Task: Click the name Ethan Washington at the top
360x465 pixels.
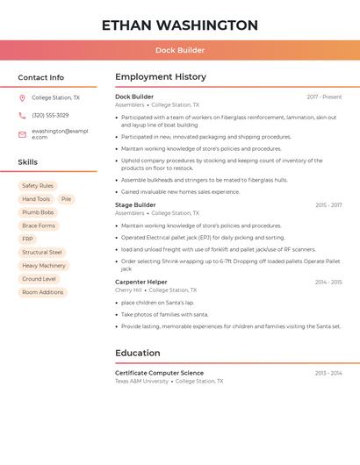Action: coord(180,25)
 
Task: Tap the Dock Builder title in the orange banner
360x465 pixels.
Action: coord(180,50)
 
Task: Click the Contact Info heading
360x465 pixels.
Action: coord(41,77)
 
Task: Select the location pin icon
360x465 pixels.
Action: coord(22,98)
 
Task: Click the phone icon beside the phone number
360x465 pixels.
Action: coord(22,116)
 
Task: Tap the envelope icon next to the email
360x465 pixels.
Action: coord(22,134)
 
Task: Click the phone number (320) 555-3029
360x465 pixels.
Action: coord(50,116)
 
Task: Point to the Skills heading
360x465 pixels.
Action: coord(28,162)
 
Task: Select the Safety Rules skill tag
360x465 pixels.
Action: coord(38,186)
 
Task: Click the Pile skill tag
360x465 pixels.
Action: coord(66,199)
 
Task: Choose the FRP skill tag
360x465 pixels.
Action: coord(28,239)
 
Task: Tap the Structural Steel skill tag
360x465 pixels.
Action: coord(42,252)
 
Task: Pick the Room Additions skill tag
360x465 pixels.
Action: coord(43,292)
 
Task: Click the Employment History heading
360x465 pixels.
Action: coord(161,77)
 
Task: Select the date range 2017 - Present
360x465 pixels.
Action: coord(324,97)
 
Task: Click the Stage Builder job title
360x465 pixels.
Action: coord(135,205)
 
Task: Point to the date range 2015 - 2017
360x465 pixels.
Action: coord(328,205)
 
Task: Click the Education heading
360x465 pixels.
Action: coord(138,353)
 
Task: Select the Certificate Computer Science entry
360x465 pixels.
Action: coord(159,373)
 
